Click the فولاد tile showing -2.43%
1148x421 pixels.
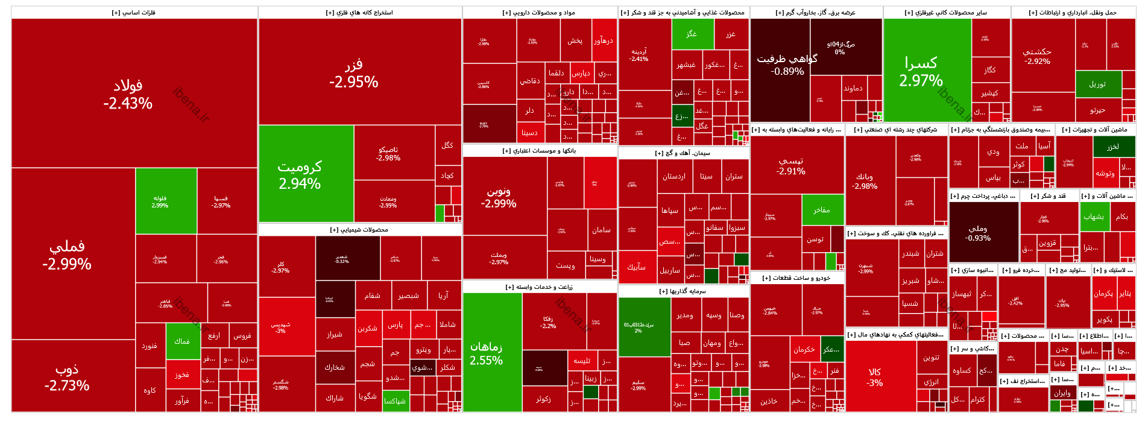128,94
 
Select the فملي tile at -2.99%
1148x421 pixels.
67,255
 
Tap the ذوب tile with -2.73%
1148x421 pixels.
67,377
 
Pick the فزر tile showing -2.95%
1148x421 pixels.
354,73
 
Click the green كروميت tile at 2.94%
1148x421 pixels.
300,174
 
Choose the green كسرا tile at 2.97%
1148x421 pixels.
921,71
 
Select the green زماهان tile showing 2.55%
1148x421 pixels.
486,353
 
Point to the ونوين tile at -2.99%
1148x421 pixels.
499,197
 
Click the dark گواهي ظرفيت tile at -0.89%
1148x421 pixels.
787,65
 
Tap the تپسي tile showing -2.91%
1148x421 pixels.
791,165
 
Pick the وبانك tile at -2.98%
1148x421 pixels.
865,181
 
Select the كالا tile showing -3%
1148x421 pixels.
875,377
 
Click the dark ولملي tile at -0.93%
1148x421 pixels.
978,233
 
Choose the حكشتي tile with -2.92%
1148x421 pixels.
1037,56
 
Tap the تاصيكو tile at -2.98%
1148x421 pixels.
388,153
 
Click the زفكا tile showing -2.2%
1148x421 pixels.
548,322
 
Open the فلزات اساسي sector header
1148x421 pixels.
134,13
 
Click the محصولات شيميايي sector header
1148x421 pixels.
359,230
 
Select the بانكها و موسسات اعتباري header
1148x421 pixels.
540,151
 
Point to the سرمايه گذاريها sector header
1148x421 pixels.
683,291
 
